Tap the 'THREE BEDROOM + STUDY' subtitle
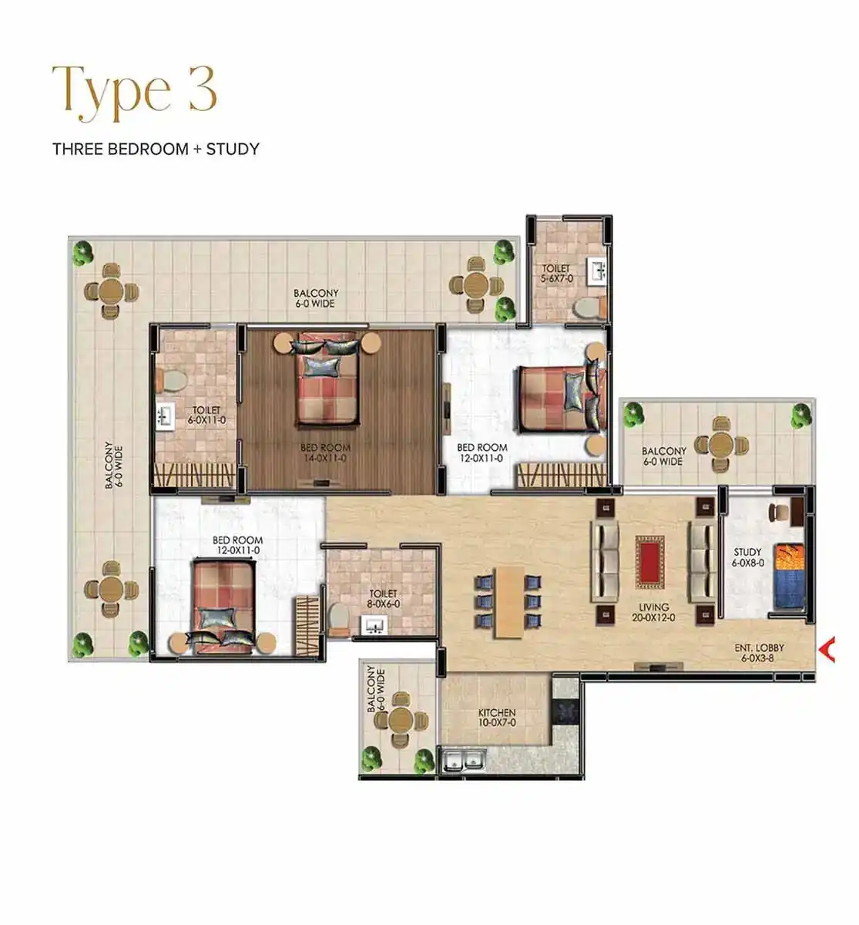click(156, 149)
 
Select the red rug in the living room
click(649, 561)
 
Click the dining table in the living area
click(509, 602)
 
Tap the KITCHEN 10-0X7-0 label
click(497, 718)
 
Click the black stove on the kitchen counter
click(565, 711)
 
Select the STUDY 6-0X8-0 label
click(748, 557)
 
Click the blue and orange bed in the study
click(789, 577)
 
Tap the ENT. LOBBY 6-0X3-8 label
click(759, 653)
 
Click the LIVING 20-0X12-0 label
click(653, 613)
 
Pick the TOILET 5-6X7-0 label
click(556, 274)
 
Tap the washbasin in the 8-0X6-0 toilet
click(374, 625)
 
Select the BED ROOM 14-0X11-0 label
click(325, 452)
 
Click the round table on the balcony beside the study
click(721, 444)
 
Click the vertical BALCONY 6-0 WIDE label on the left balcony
click(113, 464)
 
